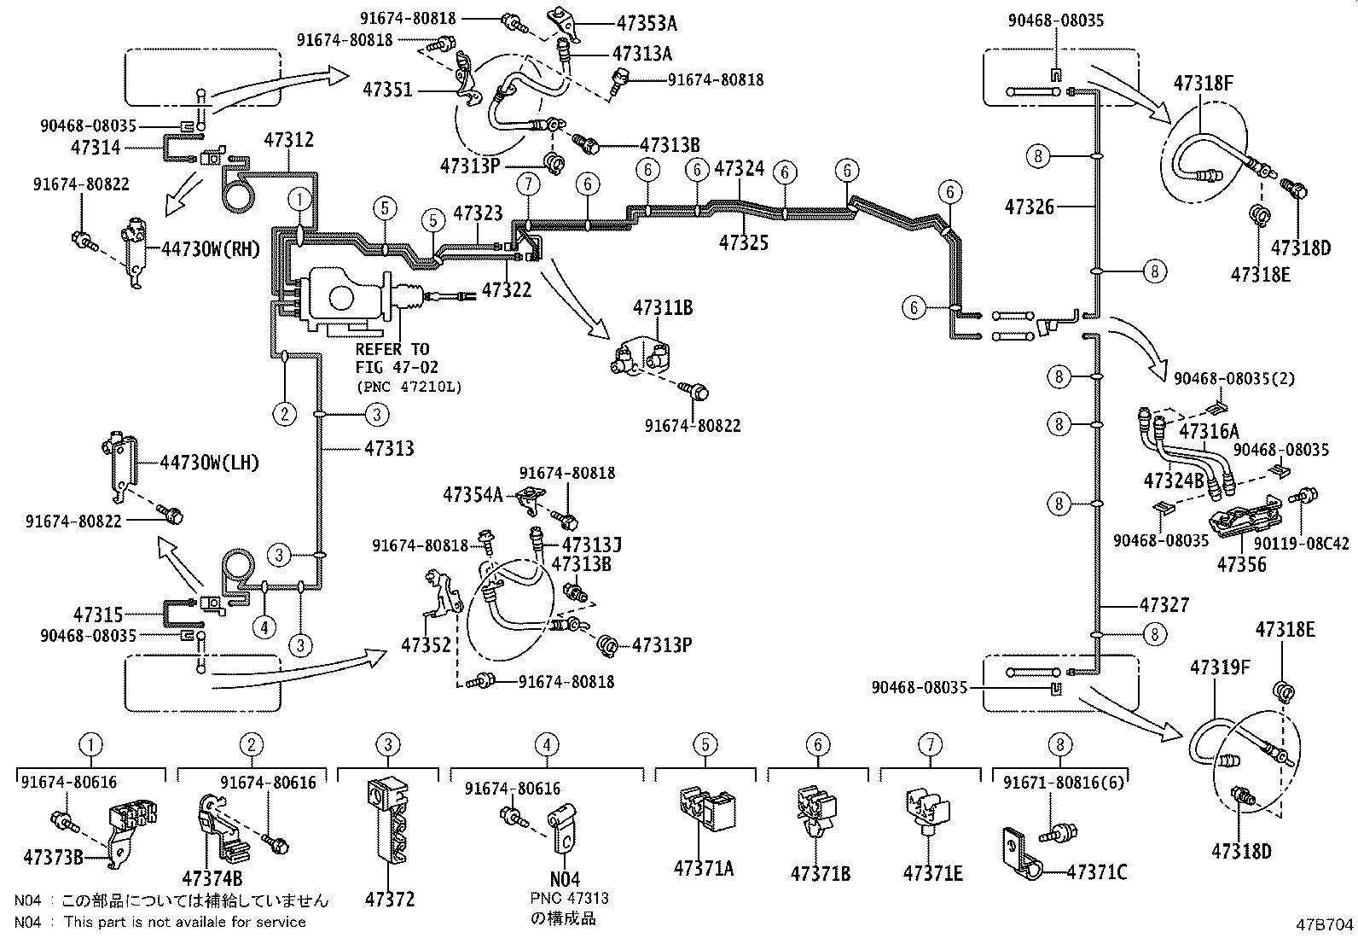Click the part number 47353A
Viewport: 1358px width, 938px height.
tap(647, 23)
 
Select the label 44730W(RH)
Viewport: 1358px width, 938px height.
tap(211, 248)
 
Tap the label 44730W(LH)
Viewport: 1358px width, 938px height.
tap(209, 463)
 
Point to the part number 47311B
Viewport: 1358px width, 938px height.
tap(663, 307)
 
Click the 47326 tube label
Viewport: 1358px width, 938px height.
tap(1030, 207)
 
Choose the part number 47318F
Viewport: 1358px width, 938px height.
tap(1204, 83)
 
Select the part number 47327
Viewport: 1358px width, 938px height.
tap(1164, 605)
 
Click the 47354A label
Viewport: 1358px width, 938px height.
tap(473, 494)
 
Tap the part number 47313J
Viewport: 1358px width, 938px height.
tap(591, 545)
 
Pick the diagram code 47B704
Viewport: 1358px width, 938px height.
tap(1325, 924)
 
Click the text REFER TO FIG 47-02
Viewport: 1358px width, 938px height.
tap(397, 358)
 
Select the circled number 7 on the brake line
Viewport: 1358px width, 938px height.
tap(529, 184)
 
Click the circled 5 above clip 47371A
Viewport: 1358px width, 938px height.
tap(705, 744)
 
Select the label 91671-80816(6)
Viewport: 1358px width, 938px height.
tap(1064, 783)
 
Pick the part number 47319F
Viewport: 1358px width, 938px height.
tap(1220, 668)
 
